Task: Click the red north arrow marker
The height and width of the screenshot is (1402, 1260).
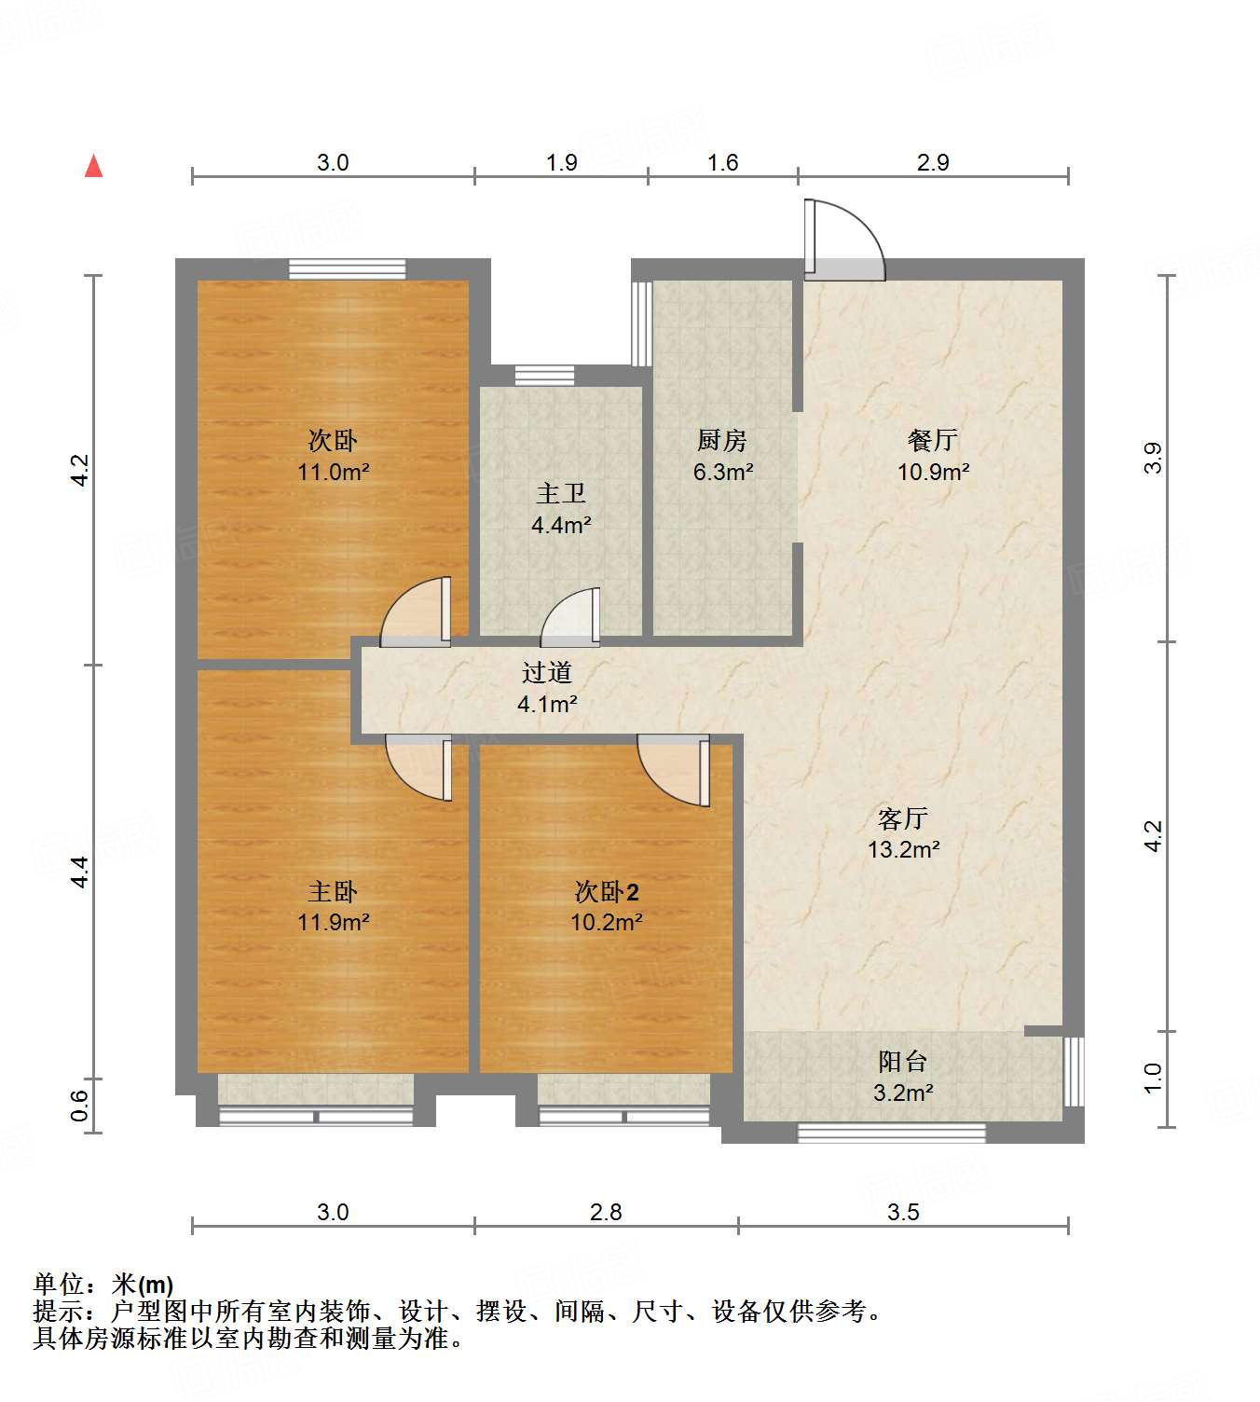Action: (94, 166)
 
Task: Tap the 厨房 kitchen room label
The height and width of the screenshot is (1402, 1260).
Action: (722, 440)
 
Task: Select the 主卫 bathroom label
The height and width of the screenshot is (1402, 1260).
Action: (561, 493)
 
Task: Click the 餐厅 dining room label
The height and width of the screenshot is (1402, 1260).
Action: (933, 440)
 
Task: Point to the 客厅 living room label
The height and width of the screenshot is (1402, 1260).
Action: (903, 818)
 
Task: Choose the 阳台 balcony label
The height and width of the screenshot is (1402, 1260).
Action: (903, 1061)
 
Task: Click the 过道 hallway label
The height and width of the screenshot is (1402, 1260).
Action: (547, 672)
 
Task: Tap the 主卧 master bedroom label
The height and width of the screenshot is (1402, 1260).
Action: (333, 892)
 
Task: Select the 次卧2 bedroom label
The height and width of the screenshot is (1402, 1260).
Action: (607, 892)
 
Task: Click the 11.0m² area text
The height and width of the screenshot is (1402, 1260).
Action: (333, 472)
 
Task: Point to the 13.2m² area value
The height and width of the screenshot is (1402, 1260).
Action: (903, 849)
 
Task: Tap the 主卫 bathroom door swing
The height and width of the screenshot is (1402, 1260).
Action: (571, 615)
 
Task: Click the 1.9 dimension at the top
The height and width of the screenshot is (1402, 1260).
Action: (561, 162)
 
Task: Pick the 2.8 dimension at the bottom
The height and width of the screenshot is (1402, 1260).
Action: (606, 1212)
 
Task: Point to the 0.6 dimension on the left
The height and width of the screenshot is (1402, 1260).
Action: (79, 1105)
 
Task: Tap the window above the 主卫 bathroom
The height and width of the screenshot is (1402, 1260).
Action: (544, 376)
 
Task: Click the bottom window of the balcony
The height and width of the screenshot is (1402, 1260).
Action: (891, 1133)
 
